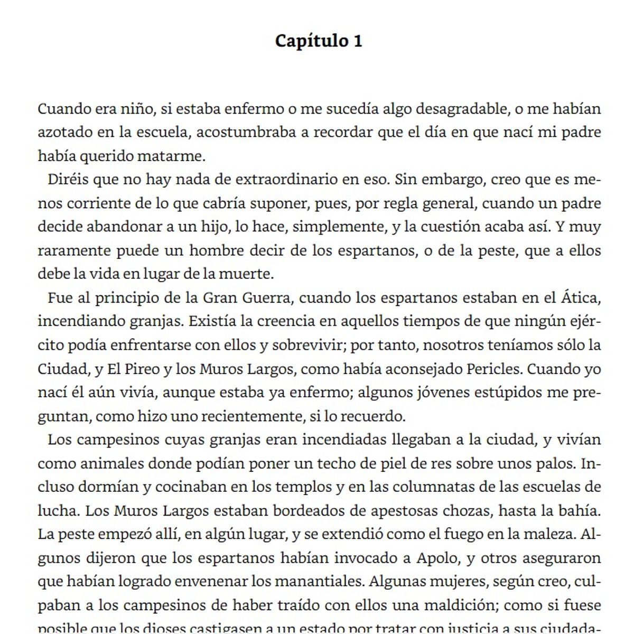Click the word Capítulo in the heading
click(x=311, y=41)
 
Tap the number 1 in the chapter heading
click(x=357, y=41)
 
